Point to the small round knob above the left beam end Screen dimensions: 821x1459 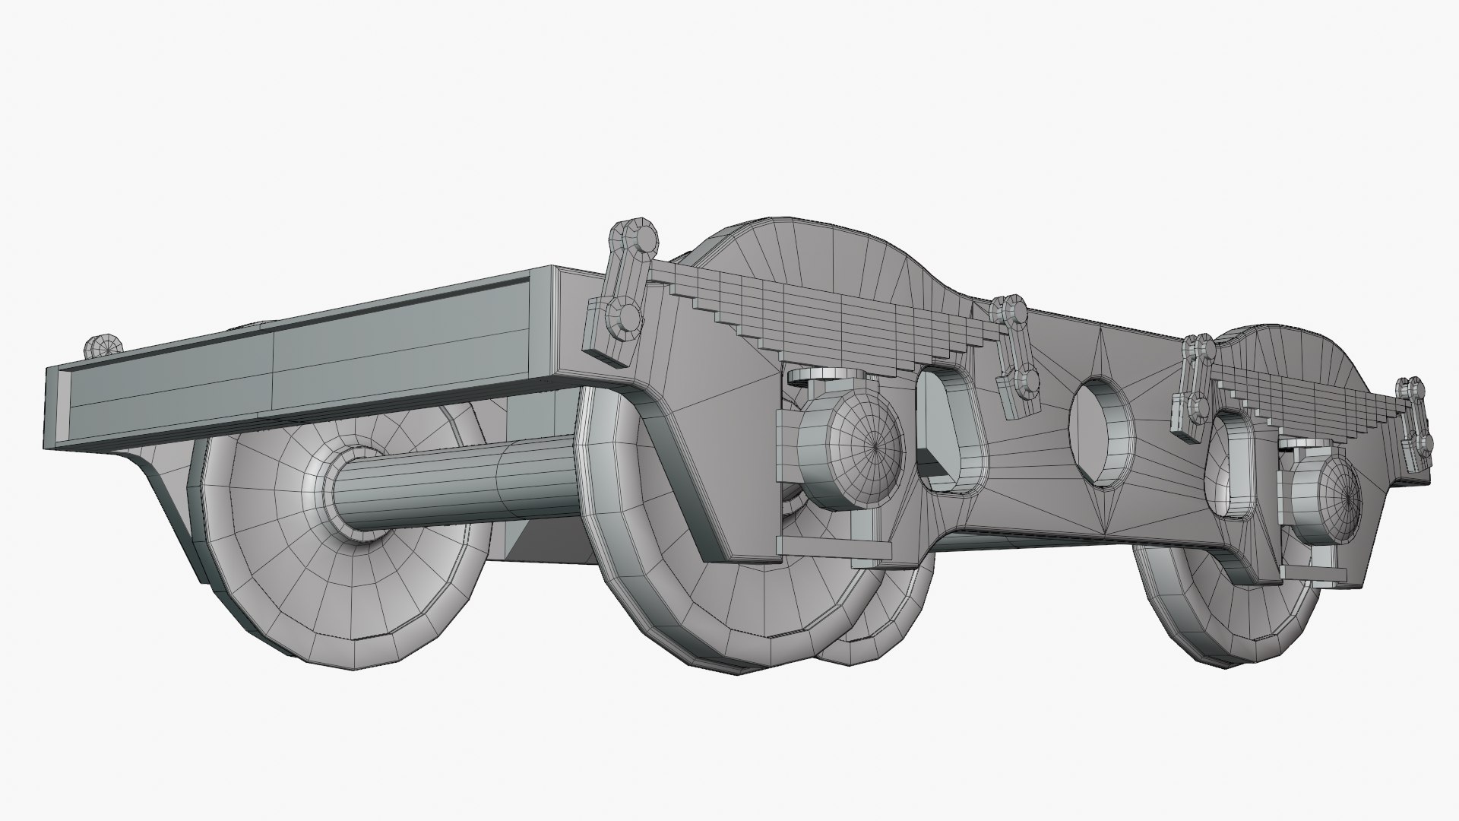pos(103,347)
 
